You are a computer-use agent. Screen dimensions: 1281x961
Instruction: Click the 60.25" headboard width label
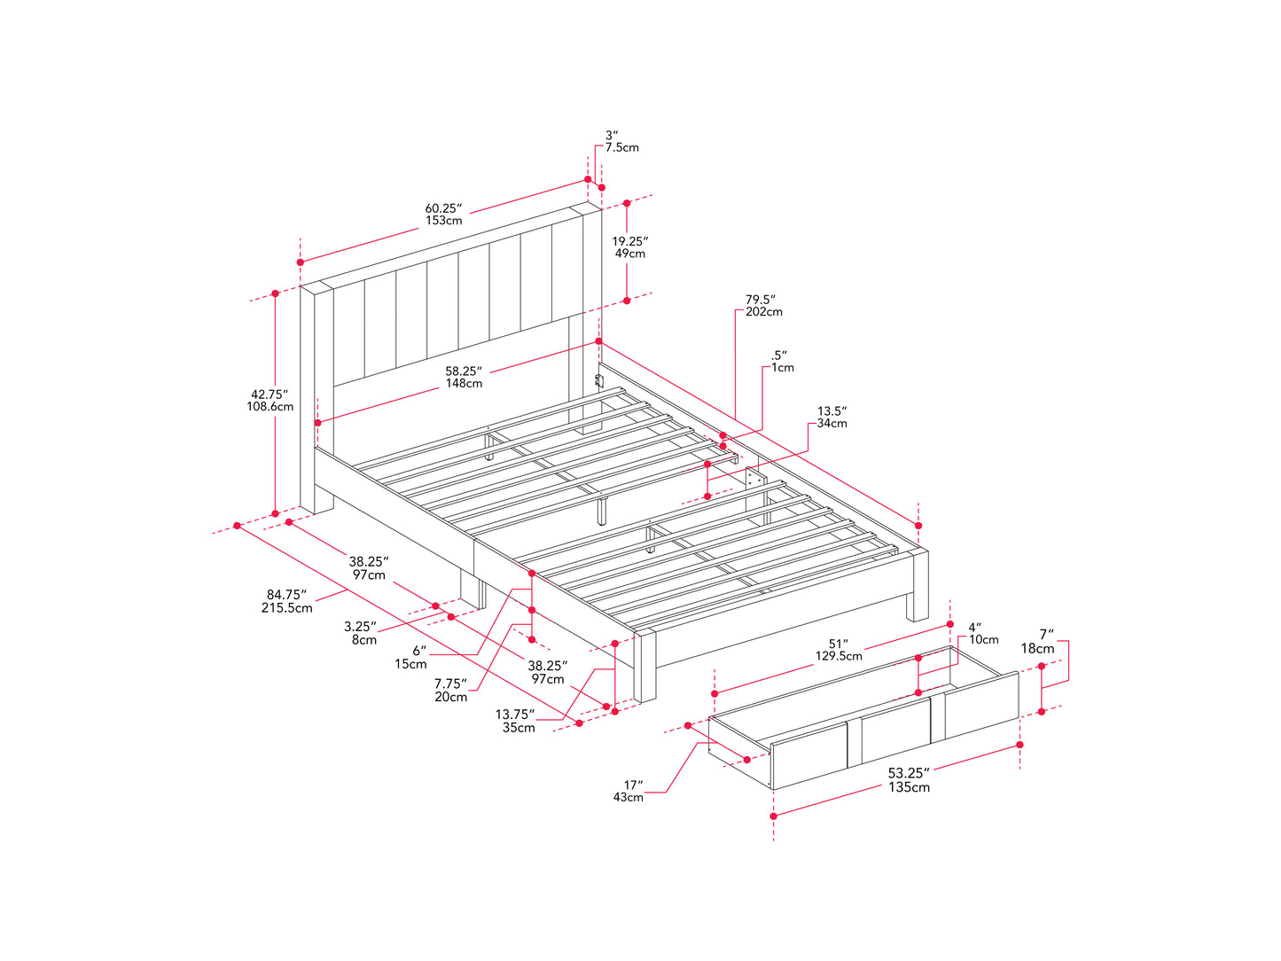[x=443, y=215]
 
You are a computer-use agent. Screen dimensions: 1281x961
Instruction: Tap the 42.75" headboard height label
[x=269, y=401]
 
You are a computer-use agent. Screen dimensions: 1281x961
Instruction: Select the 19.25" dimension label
[x=629, y=246]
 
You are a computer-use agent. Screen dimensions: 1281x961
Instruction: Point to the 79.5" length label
[x=763, y=306]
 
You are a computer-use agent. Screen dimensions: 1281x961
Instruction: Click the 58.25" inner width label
[x=464, y=377]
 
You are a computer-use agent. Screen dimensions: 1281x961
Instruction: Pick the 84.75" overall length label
[x=286, y=601]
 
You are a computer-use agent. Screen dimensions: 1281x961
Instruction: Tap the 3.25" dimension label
[x=360, y=633]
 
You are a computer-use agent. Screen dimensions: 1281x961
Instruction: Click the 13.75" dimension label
[x=515, y=721]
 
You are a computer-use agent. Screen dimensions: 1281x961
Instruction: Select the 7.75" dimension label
[x=450, y=690]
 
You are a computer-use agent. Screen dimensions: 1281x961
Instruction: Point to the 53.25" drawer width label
[x=909, y=780]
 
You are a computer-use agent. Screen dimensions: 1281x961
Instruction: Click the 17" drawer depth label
[x=628, y=791]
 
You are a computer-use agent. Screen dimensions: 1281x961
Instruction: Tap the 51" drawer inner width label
[x=838, y=650]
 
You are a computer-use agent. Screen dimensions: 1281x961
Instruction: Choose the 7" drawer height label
[x=1037, y=641]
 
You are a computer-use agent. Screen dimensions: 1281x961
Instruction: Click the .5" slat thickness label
[x=782, y=361]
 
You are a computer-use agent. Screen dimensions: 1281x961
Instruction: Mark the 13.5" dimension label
[x=832, y=418]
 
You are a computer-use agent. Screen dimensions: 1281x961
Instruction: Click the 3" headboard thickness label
[x=621, y=141]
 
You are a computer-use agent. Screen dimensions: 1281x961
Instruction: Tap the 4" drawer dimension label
[x=983, y=633]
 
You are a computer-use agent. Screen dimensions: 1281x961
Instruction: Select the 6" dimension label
[x=410, y=657]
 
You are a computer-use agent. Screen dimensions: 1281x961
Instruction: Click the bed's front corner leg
[x=644, y=666]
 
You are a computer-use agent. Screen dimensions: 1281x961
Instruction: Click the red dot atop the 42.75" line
[x=276, y=293]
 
